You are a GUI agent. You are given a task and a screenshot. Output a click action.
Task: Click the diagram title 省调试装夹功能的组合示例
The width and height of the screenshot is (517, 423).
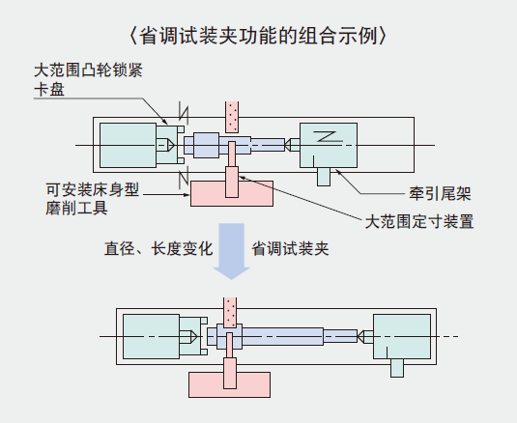(258, 36)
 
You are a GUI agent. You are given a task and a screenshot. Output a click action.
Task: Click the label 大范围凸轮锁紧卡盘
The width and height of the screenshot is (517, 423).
(88, 80)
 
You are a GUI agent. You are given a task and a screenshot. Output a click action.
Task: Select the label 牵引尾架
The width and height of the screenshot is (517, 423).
(440, 194)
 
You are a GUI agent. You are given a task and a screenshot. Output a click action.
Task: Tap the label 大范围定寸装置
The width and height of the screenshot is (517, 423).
(419, 221)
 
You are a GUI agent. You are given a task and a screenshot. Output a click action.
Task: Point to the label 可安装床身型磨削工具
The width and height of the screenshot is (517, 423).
(93, 199)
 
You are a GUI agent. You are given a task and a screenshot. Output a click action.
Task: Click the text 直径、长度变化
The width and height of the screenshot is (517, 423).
(158, 249)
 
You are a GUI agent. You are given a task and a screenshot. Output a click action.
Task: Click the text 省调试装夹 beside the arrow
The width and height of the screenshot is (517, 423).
(290, 249)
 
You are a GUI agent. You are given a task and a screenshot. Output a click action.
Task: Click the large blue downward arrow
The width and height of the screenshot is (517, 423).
(232, 251)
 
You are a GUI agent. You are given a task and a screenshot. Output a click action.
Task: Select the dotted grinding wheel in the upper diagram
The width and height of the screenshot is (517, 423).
(232, 117)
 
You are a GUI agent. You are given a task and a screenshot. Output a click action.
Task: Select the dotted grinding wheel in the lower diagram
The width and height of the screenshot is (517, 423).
(230, 313)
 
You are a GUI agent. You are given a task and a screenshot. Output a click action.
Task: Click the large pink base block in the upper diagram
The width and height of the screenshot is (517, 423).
(232, 194)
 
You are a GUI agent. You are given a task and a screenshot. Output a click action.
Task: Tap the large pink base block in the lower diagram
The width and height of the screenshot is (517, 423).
(229, 384)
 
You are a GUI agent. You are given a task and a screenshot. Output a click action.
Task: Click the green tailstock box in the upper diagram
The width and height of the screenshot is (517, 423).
(329, 145)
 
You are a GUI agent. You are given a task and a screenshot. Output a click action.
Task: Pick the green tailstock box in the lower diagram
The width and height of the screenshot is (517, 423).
(402, 336)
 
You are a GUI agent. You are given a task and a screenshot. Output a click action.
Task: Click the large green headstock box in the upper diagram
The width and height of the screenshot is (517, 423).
(128, 145)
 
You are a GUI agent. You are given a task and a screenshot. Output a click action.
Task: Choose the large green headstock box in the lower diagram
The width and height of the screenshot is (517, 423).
(152, 336)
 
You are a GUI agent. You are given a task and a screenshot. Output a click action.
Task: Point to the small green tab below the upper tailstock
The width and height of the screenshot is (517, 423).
(324, 177)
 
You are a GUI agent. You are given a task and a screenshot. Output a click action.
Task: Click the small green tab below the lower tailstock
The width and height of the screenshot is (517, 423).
(397, 368)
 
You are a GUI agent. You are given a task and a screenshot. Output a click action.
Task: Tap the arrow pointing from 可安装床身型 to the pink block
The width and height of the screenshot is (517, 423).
(166, 195)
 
